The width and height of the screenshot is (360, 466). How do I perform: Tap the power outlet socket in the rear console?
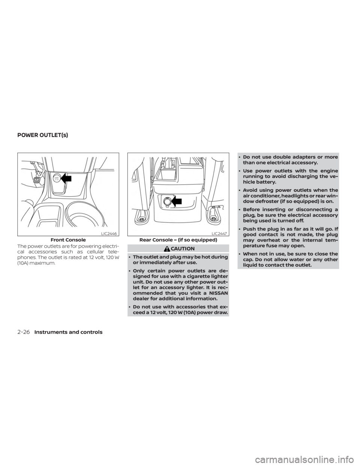(x=165, y=202)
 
